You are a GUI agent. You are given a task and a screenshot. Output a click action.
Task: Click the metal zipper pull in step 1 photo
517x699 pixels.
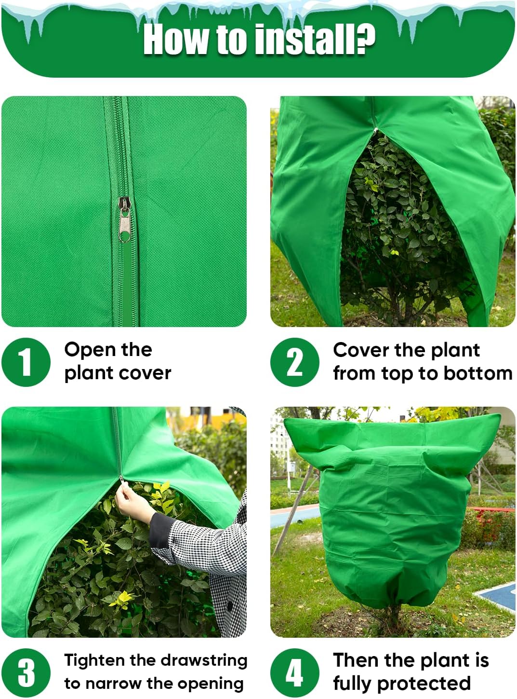click(125, 219)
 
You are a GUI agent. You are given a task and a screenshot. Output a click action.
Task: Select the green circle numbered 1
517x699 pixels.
click(26, 362)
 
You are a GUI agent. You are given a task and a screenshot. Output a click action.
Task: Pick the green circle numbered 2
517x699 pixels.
click(294, 362)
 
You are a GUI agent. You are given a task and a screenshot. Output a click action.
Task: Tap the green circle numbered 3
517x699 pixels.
click(26, 672)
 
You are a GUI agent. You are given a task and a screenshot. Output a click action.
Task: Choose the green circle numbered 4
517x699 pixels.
click(294, 672)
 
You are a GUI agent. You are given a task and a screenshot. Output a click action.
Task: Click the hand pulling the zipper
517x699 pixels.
click(132, 503)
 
